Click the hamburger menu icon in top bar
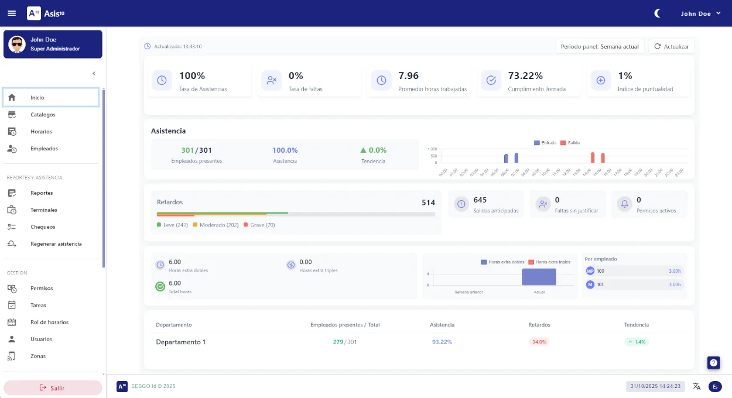coord(12,13)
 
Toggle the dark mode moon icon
coord(658,13)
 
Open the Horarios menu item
coord(41,132)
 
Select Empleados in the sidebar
coord(44,149)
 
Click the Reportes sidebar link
coord(42,193)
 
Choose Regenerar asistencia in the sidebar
coord(56,244)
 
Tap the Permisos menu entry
coord(42,289)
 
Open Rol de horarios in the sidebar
coord(49,322)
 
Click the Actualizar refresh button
coord(671,46)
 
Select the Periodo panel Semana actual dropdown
coord(600,46)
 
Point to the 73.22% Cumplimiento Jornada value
coord(525,76)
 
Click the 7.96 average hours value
coord(409,76)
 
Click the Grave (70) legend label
coord(262,225)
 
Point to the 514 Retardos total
coord(428,203)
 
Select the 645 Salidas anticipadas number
coord(480,200)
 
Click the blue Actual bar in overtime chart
coord(539,277)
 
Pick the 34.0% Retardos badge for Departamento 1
coord(539,342)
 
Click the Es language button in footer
coord(715,386)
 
